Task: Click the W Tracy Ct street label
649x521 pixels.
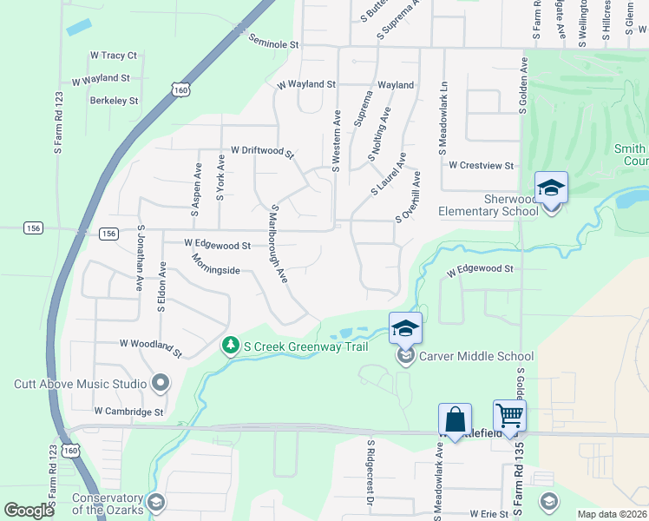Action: click(114, 56)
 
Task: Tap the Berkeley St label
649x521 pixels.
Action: click(114, 101)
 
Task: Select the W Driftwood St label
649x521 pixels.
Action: click(257, 151)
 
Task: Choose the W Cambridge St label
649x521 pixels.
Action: click(128, 411)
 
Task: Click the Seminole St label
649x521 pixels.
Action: click(272, 42)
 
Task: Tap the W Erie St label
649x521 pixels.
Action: click(487, 514)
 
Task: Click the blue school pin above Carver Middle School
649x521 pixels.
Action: click(405, 329)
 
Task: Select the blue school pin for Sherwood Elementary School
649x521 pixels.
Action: click(551, 188)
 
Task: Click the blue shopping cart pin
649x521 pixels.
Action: click(509, 416)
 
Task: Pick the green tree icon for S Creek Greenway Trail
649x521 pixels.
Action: click(231, 346)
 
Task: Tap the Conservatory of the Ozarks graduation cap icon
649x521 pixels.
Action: click(155, 503)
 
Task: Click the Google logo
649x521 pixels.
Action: click(29, 511)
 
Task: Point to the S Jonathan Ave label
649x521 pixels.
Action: click(139, 258)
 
